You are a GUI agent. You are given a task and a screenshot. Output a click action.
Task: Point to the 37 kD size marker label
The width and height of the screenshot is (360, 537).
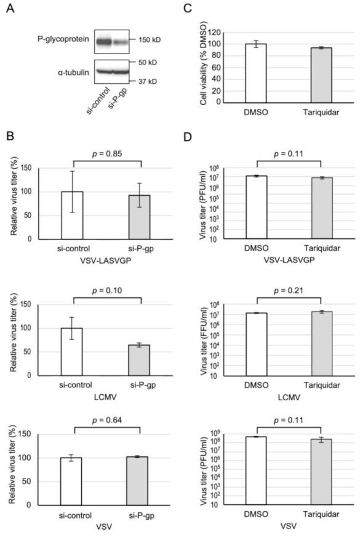coord(144,81)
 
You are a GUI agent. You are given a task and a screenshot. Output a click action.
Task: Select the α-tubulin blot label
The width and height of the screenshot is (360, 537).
coord(68,71)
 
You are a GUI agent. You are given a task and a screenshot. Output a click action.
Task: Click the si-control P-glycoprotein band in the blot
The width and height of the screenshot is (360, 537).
coord(103,42)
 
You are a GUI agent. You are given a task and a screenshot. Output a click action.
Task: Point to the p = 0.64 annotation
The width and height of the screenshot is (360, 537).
coord(106,420)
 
